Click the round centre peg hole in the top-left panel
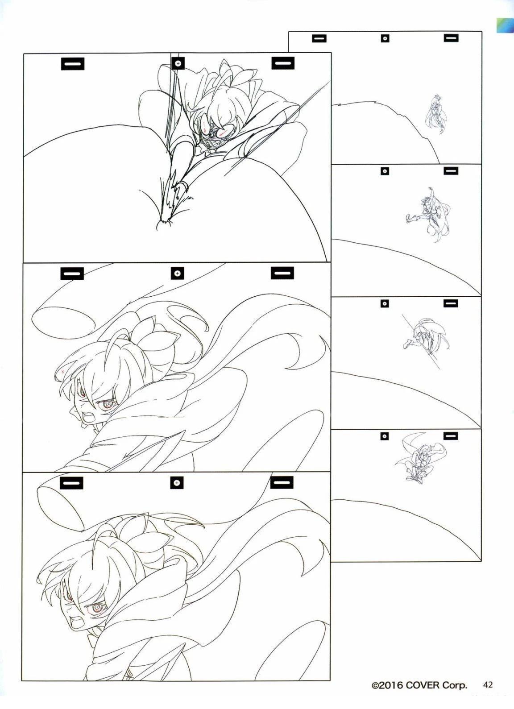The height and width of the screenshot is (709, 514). [178, 63]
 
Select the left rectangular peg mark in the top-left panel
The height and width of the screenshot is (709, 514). [73, 63]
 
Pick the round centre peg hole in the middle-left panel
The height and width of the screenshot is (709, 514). [177, 273]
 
